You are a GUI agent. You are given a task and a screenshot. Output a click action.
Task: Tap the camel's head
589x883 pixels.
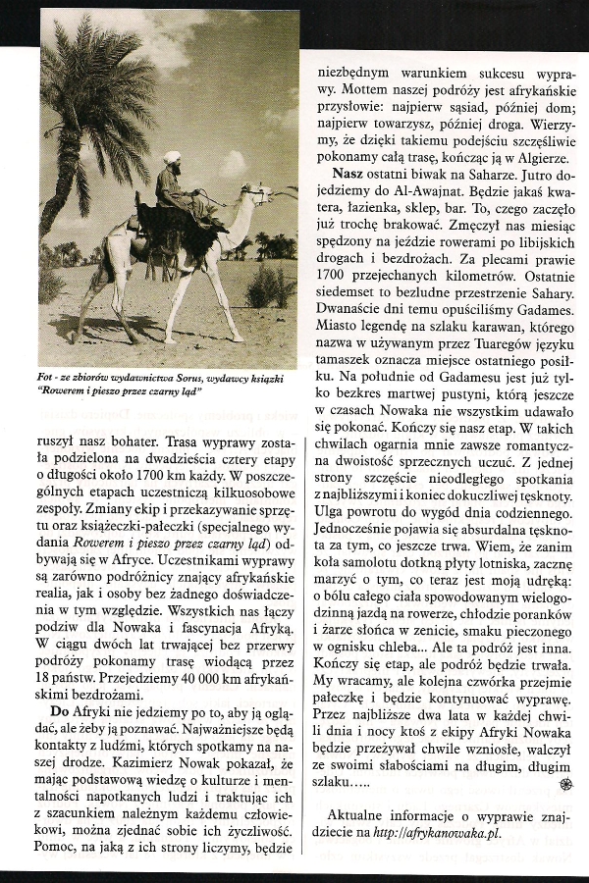pos(258,195)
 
